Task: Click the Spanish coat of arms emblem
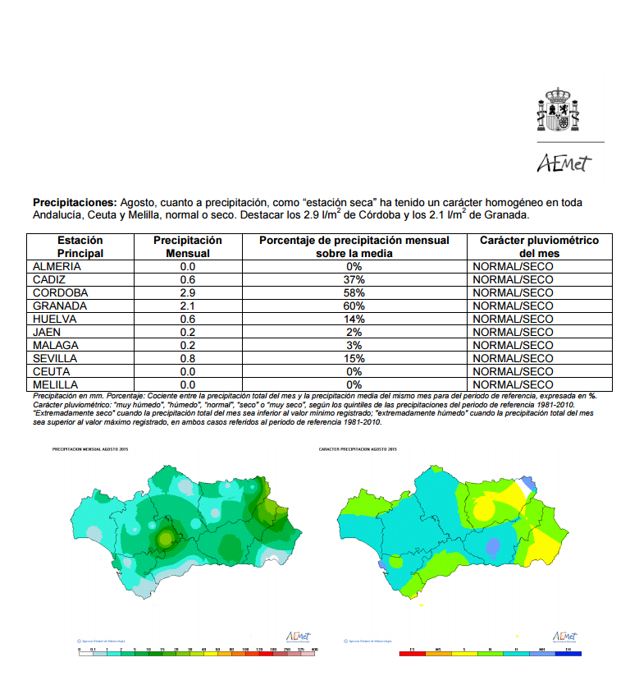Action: [x=560, y=110]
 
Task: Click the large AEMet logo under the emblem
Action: [x=564, y=163]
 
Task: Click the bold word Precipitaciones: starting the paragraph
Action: [x=75, y=202]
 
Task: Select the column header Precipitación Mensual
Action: [x=188, y=247]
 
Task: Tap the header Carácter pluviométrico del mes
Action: [x=538, y=247]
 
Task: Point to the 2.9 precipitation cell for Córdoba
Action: [x=188, y=293]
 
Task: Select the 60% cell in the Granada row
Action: [x=354, y=306]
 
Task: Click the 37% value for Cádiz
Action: [x=354, y=280]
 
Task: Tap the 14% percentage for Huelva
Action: [x=354, y=320]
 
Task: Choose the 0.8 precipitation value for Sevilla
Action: [x=188, y=359]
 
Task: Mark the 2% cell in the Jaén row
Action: [x=354, y=333]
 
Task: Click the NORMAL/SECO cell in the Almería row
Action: [x=513, y=267]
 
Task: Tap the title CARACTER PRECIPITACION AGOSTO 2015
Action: [x=358, y=450]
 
